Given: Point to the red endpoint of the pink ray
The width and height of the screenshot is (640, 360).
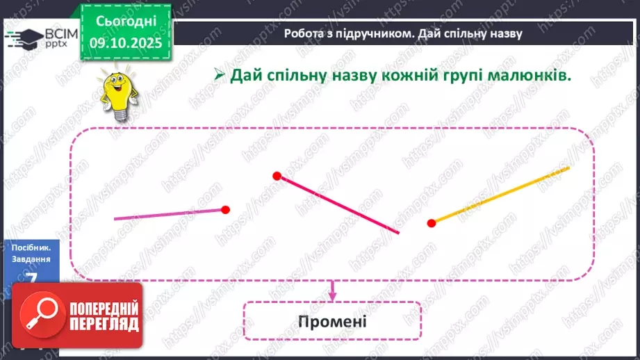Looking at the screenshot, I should click(x=225, y=209).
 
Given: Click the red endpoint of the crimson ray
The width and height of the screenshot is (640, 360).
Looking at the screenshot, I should click(x=277, y=176).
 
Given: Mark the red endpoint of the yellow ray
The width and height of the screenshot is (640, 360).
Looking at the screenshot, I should click(x=432, y=222).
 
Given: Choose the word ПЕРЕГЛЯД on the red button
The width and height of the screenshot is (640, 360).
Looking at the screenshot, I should click(x=104, y=324).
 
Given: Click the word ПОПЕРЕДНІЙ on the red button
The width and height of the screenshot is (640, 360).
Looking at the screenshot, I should click(x=104, y=308).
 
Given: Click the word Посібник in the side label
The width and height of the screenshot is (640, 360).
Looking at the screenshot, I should click(x=33, y=247).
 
